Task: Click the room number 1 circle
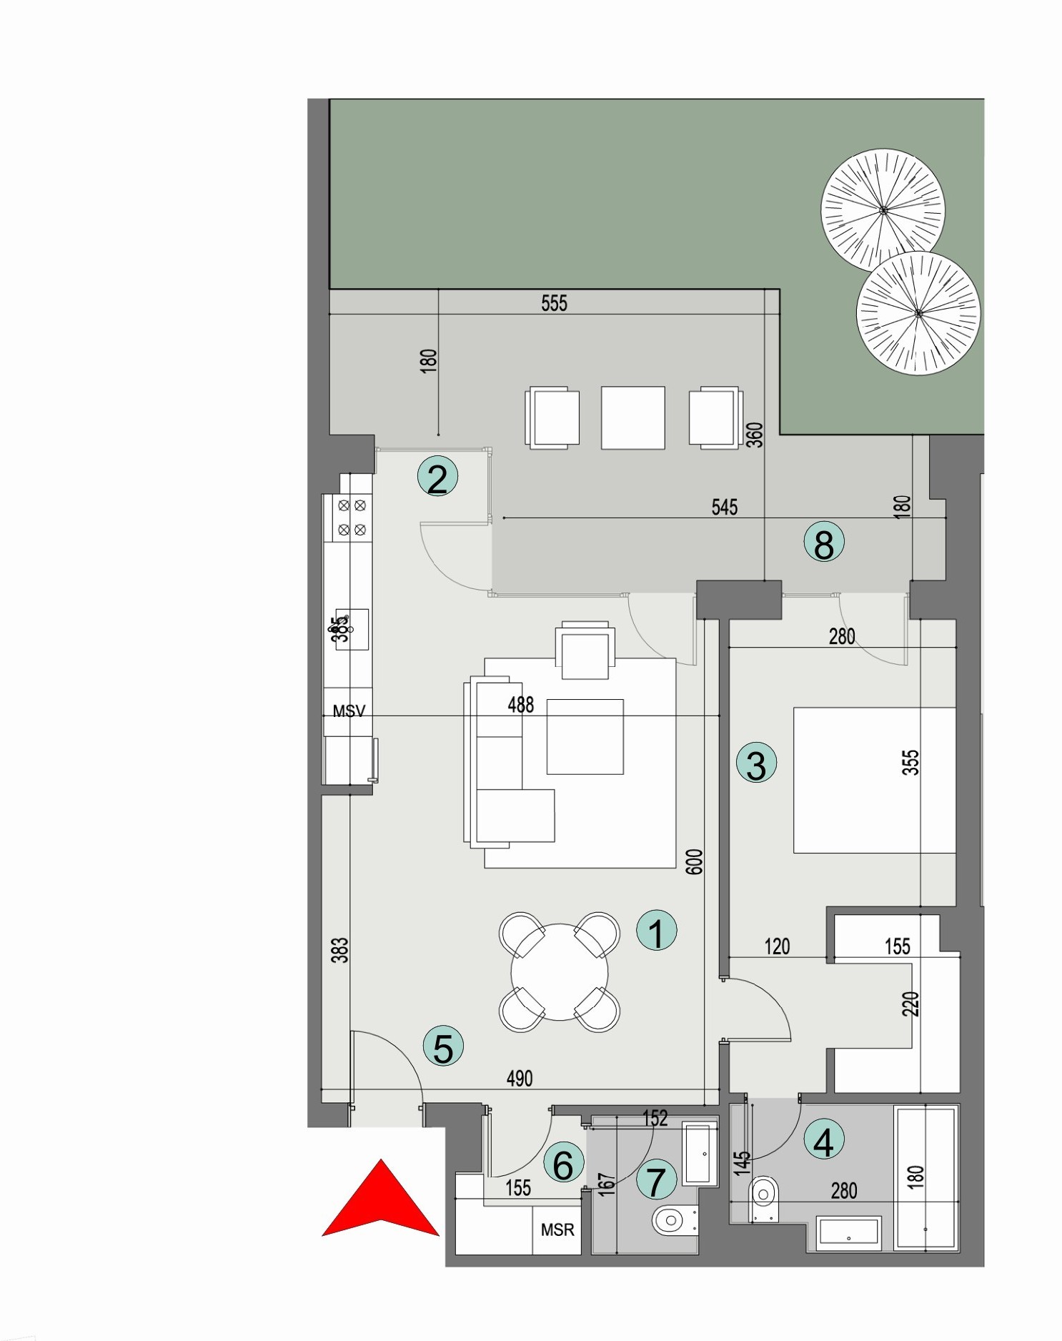(x=656, y=930)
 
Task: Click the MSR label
(x=557, y=1229)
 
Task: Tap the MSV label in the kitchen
(x=349, y=711)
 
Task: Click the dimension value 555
(x=554, y=303)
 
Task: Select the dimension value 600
(x=694, y=861)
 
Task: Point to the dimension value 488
(x=520, y=705)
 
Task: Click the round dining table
(x=560, y=971)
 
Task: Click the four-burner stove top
(x=352, y=518)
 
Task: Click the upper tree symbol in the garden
(x=883, y=210)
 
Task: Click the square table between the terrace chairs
(x=632, y=417)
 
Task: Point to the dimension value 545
(x=724, y=507)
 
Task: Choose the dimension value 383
(x=340, y=950)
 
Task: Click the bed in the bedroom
(x=874, y=780)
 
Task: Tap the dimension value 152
(x=655, y=1117)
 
